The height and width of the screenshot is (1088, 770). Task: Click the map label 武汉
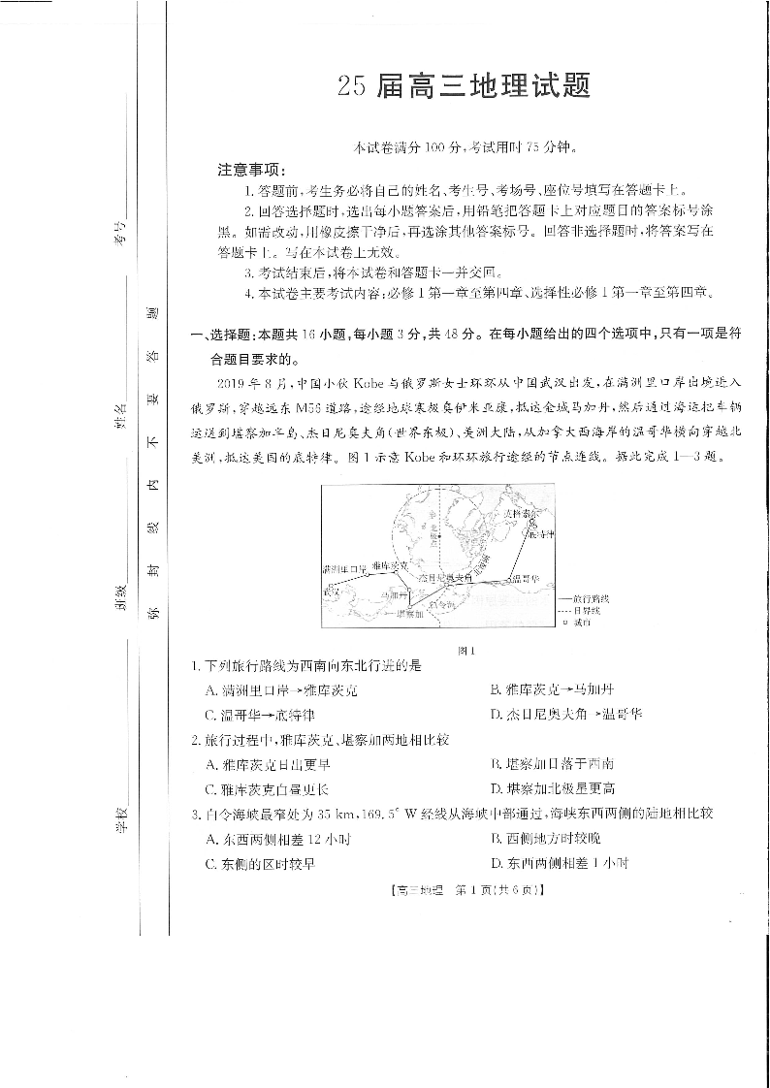[333, 590]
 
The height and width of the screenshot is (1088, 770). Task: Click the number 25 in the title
[351, 88]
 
